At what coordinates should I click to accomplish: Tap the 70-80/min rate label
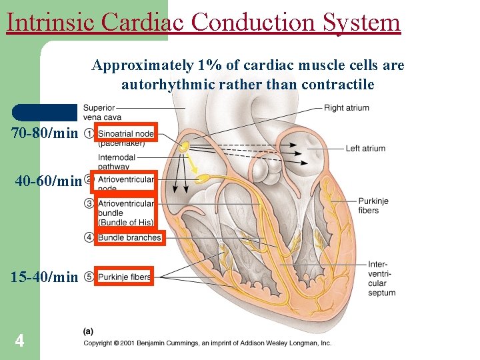(45, 133)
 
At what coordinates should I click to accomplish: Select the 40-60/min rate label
(48, 181)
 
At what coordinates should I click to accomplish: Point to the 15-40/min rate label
(44, 277)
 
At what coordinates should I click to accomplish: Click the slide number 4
(20, 341)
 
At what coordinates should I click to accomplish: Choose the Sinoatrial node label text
(125, 133)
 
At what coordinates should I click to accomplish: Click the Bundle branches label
(129, 237)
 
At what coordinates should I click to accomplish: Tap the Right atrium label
(346, 108)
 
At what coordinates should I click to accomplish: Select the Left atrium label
(365, 149)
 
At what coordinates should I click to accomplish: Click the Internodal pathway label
(117, 162)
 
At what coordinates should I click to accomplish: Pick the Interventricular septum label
(381, 279)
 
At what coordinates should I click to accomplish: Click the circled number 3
(89, 203)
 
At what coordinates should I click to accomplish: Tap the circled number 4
(89, 237)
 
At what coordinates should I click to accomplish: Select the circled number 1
(89, 133)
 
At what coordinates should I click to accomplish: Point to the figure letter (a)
(88, 331)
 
